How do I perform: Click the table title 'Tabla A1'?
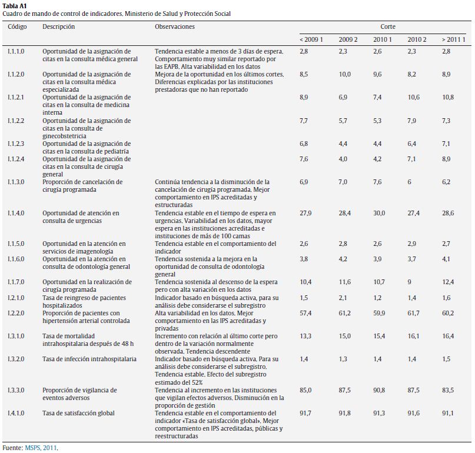click(x=14, y=5)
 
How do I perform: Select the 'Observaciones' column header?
click(x=174, y=27)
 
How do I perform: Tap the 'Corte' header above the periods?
click(x=387, y=27)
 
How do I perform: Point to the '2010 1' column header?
click(x=382, y=39)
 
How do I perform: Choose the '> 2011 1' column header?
click(x=453, y=39)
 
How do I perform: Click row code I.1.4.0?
click(x=16, y=213)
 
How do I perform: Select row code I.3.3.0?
click(x=16, y=390)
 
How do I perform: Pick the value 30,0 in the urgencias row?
click(x=379, y=213)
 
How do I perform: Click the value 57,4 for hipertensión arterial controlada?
click(x=305, y=313)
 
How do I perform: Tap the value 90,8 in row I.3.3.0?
click(x=379, y=390)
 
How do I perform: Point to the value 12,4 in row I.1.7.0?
click(x=448, y=282)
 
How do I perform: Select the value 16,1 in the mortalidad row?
click(x=414, y=336)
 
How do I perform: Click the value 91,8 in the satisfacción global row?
click(x=344, y=413)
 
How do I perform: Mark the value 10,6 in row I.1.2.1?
click(x=414, y=97)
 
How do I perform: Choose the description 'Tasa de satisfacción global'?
click(x=79, y=413)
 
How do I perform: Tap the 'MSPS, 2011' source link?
click(x=41, y=448)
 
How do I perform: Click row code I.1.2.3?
click(x=16, y=144)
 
